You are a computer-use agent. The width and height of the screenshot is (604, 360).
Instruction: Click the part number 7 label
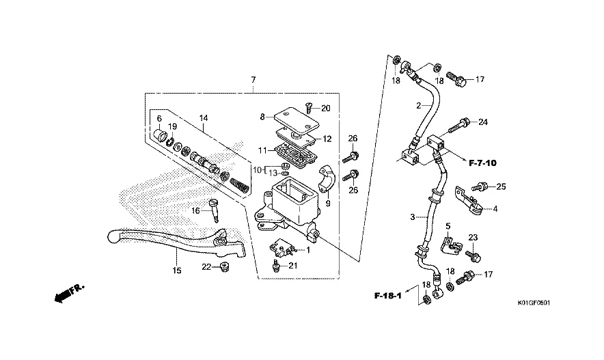coord(253,81)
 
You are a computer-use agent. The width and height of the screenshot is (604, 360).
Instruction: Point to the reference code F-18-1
coord(387,296)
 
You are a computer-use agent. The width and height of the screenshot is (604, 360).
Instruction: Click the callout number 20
coord(325,109)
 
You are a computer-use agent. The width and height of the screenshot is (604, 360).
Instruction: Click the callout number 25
coord(501,186)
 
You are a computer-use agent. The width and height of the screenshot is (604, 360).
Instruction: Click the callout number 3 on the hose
coord(413,217)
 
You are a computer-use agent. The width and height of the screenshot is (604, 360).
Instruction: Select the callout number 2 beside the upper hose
coord(418,105)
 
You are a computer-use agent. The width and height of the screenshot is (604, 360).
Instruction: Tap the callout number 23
coord(471,238)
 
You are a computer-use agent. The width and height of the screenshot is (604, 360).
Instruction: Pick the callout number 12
coord(327,139)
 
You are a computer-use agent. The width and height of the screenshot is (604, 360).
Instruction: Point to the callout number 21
coord(292,266)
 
